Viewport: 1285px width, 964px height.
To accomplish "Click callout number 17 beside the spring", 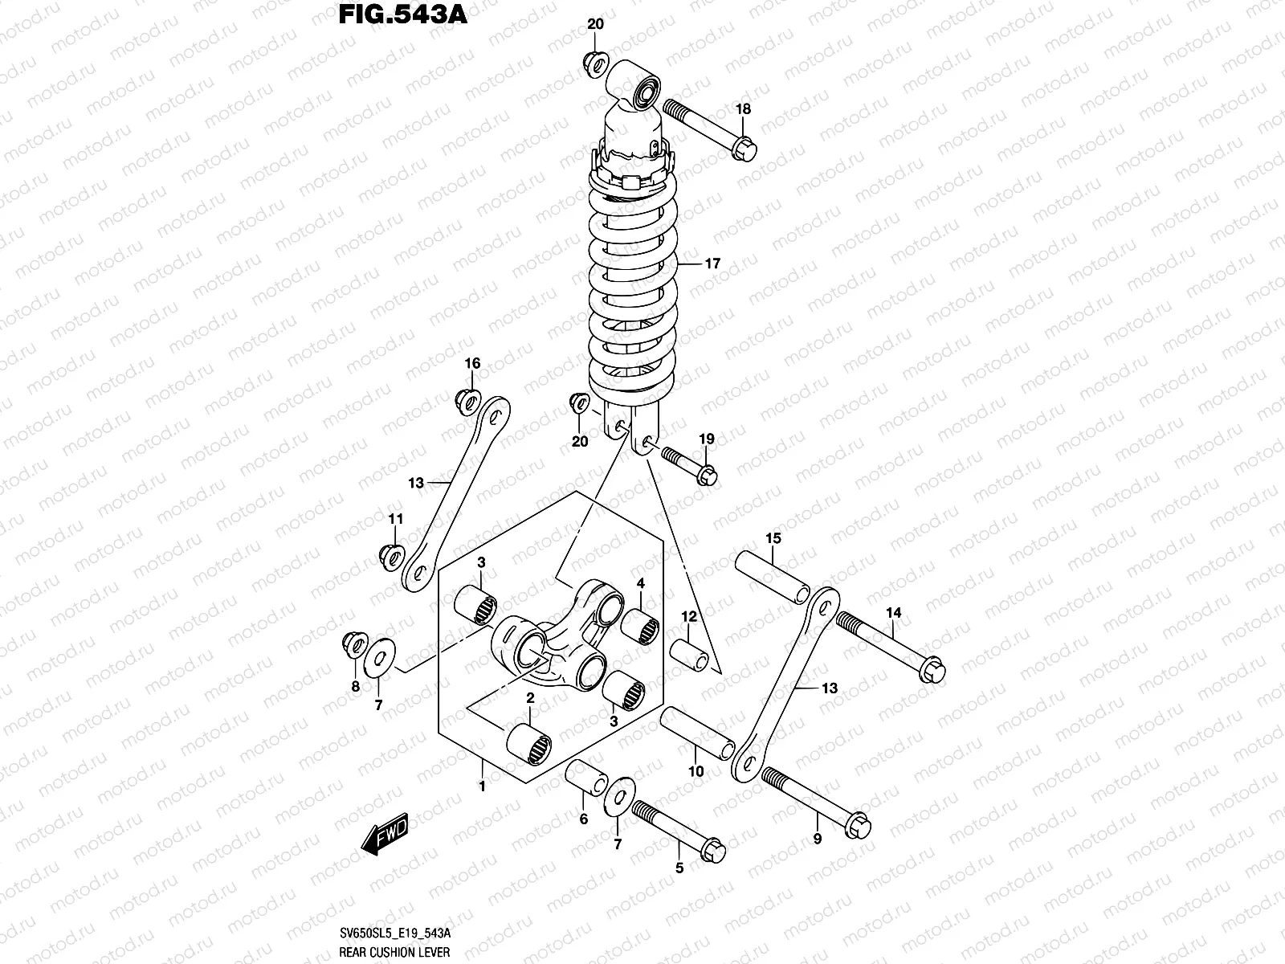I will coord(712,263).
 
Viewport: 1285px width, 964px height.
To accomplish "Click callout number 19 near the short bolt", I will coord(706,439).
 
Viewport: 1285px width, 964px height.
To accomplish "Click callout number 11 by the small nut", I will coord(395,520).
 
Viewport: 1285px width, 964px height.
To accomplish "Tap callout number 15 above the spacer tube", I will coord(773,537).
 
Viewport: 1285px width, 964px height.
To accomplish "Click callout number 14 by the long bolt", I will coord(894,613).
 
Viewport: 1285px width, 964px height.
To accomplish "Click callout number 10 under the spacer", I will coord(696,771).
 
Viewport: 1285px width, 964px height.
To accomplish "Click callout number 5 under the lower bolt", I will coord(679,868).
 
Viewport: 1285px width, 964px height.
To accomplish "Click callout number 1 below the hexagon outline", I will coord(482,786).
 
